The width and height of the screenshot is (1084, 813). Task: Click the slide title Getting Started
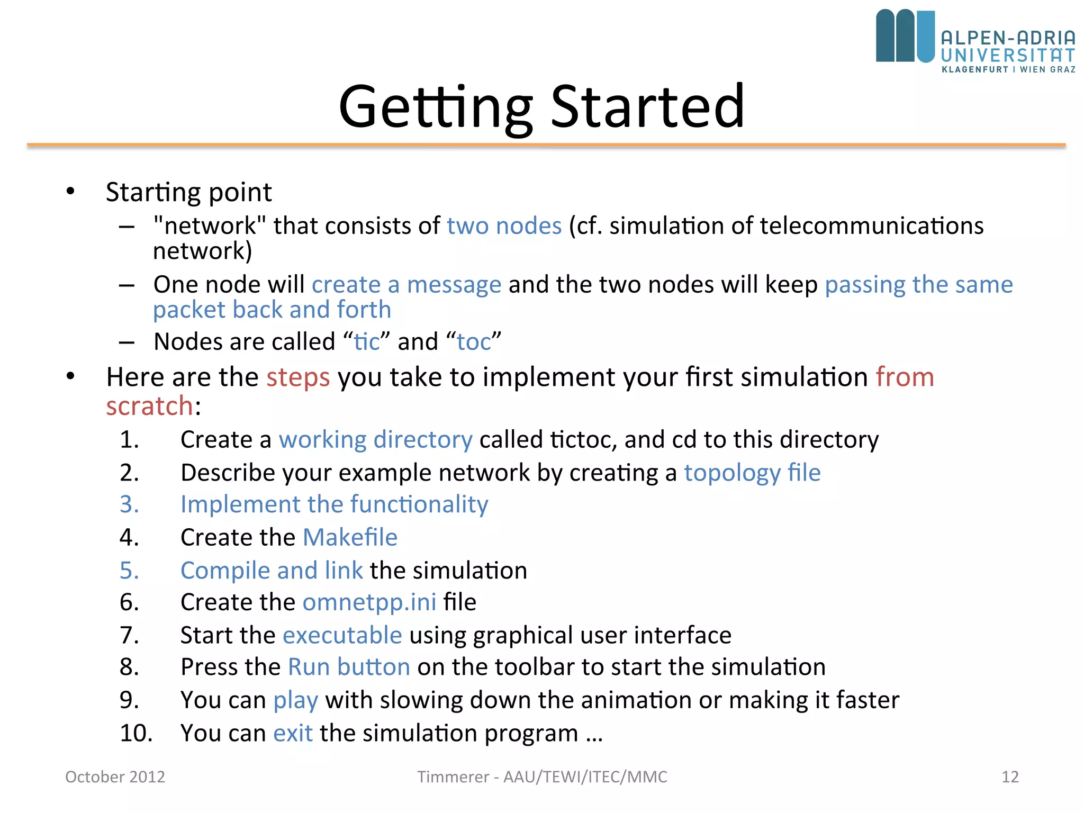click(541, 107)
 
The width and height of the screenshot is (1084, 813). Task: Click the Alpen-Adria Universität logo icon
click(905, 36)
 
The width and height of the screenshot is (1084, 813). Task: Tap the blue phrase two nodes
click(504, 226)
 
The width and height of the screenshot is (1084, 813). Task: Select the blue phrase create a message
click(406, 285)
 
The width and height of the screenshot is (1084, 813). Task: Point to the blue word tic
click(367, 342)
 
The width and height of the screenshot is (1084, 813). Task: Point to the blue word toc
click(474, 342)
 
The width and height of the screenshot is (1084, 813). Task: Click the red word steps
click(298, 377)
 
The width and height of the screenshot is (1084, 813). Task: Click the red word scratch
click(150, 406)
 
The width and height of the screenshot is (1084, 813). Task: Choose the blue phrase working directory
click(375, 440)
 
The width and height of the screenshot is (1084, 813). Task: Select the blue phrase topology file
click(752, 473)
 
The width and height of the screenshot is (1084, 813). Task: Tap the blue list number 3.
click(129, 504)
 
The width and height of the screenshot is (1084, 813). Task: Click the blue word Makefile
click(350, 538)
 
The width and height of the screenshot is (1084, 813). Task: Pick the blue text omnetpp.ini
click(369, 602)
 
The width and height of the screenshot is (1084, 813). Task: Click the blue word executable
click(342, 635)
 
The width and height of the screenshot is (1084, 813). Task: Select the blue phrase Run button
click(349, 667)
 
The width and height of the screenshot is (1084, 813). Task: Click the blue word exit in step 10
click(293, 734)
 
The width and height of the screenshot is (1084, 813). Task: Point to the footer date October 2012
click(115, 777)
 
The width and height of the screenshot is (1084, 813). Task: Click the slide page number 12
click(1010, 777)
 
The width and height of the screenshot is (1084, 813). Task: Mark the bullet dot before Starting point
click(70, 192)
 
